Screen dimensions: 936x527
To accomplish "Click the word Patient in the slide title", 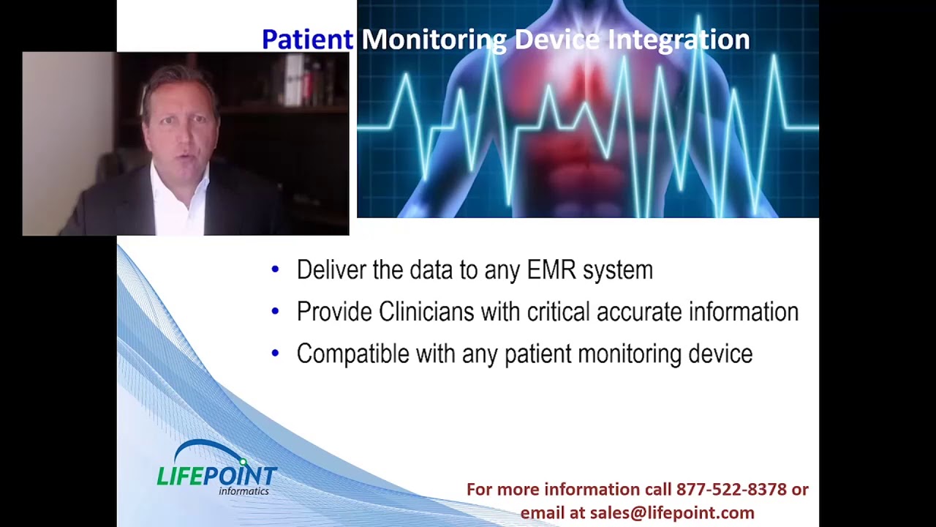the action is [x=308, y=40].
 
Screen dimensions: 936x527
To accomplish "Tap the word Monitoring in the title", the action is [x=434, y=40].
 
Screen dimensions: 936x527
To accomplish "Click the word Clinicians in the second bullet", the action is [x=426, y=312].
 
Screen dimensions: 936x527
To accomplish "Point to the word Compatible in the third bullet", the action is [x=353, y=354].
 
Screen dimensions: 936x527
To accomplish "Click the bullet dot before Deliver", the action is [x=275, y=269].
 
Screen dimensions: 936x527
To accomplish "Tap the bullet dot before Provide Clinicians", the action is [x=275, y=311].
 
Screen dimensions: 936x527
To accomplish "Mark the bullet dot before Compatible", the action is [x=275, y=353].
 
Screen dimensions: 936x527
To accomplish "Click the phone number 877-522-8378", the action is [x=731, y=489].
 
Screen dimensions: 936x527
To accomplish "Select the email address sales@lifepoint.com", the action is [x=672, y=512].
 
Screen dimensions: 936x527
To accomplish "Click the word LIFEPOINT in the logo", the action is [x=217, y=476].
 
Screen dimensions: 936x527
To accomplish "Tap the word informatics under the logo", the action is [x=244, y=490].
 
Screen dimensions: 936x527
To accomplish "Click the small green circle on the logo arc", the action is [x=244, y=462].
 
